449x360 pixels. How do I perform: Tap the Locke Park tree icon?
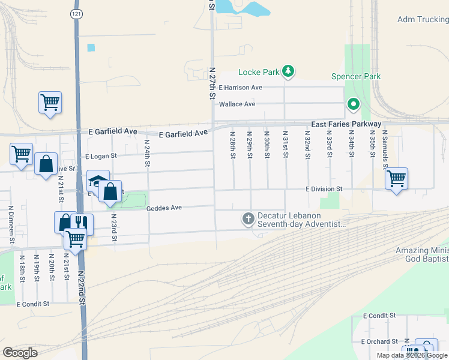click(x=289, y=72)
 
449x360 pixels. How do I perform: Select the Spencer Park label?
click(x=356, y=77)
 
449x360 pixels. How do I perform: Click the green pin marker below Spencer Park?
click(x=354, y=105)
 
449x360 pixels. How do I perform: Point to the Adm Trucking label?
click(x=423, y=20)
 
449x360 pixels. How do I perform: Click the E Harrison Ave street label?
click(x=241, y=88)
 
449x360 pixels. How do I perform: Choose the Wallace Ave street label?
click(x=237, y=104)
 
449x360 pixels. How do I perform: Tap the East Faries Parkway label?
click(x=346, y=124)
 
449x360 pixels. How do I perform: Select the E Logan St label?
click(x=103, y=155)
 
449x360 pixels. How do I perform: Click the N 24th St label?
click(x=147, y=154)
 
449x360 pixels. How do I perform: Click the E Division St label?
click(x=324, y=189)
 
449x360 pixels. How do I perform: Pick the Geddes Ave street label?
click(x=163, y=208)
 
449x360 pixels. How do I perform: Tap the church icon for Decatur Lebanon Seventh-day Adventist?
click(x=248, y=220)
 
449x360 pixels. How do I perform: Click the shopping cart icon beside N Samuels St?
click(x=396, y=178)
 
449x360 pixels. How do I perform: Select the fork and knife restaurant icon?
click(x=81, y=223)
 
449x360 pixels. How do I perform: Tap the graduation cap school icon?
click(x=97, y=182)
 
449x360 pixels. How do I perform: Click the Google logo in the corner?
click(x=20, y=353)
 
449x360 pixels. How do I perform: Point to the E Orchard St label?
click(x=381, y=341)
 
